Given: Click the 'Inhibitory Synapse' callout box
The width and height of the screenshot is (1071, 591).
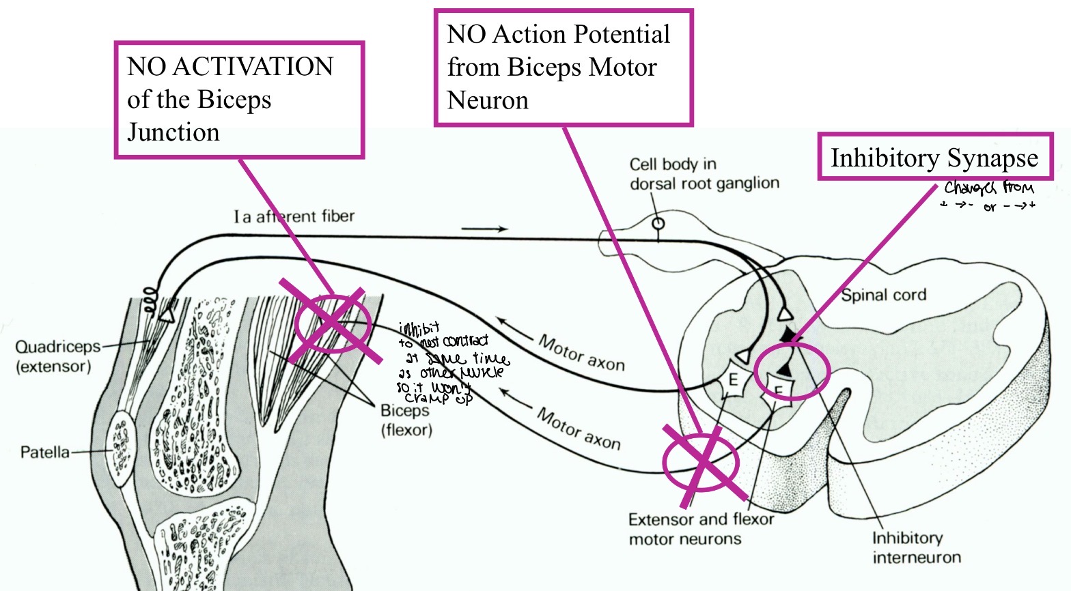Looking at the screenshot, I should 934,157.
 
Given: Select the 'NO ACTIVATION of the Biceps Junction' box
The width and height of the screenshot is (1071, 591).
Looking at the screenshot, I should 238,100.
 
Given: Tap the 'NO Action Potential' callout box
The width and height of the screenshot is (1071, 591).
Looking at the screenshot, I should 563,68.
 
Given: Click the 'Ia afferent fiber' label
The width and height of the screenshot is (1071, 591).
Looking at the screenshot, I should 294,216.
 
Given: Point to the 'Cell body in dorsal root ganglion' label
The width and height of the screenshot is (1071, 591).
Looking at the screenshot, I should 704,174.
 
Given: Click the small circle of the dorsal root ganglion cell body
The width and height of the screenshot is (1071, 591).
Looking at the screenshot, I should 658,223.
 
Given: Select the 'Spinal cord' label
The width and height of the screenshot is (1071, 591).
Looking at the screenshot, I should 883,295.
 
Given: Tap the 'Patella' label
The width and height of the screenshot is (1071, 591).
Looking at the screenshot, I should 44,452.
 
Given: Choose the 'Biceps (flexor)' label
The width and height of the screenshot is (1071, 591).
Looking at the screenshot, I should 406,420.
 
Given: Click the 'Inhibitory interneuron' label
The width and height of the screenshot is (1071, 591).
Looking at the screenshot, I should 916,547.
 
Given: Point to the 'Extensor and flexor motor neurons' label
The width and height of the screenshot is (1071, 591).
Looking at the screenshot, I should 701,529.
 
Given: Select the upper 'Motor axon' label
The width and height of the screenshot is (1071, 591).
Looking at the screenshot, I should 581,353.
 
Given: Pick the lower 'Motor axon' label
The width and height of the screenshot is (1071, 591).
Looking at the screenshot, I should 579,429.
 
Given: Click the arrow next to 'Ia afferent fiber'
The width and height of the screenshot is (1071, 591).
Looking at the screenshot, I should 484,229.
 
